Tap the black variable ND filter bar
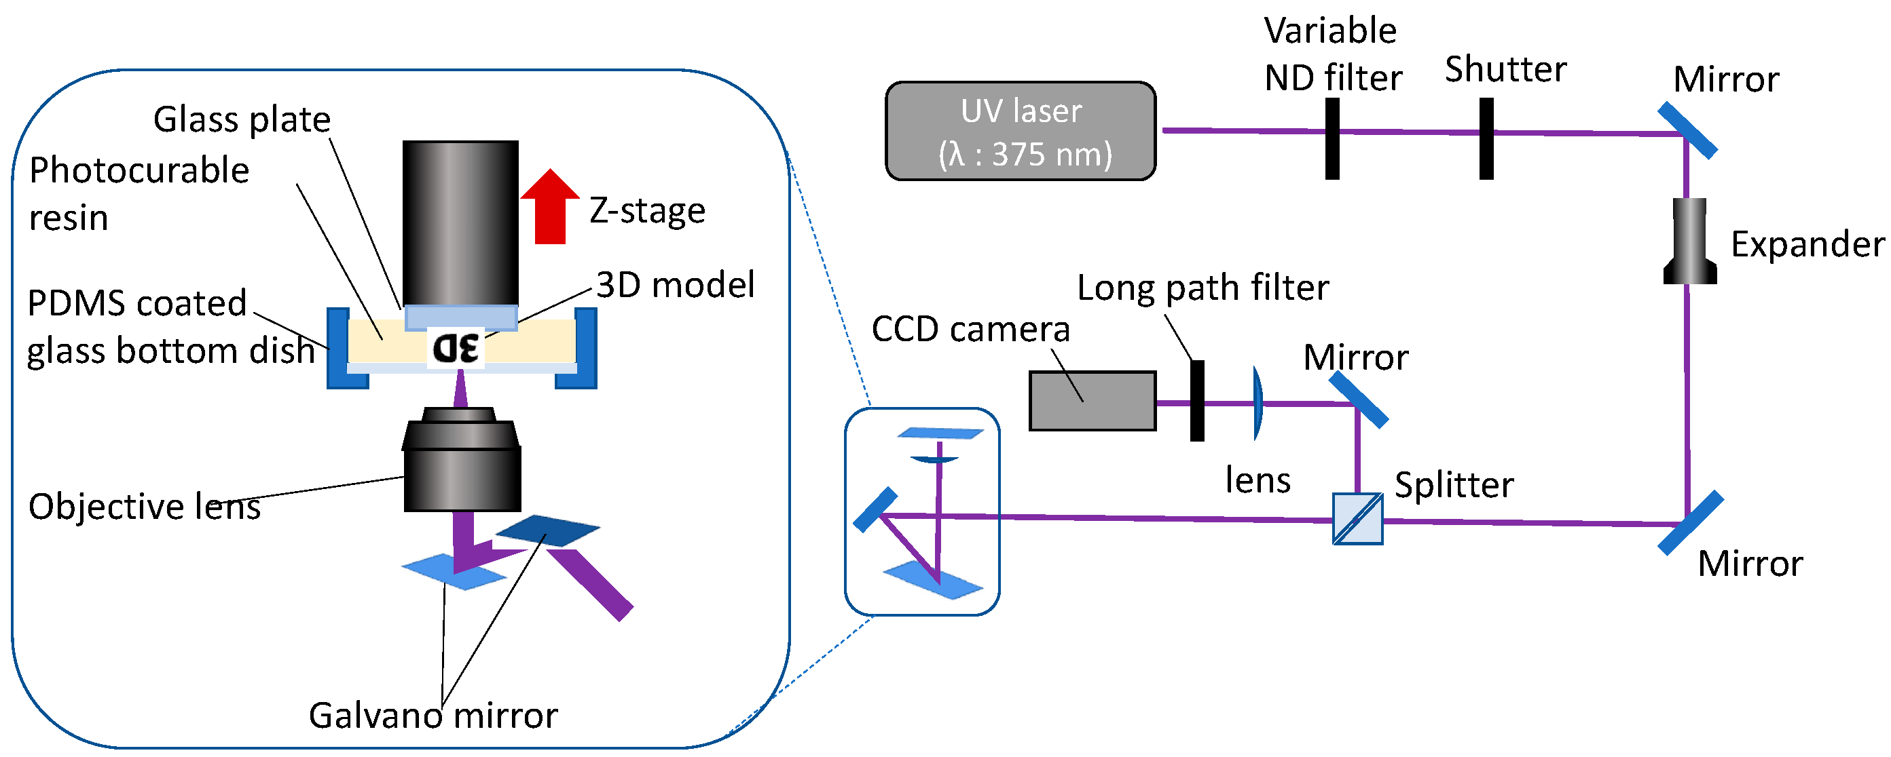point(1332,138)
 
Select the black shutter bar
point(1486,138)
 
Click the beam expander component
point(1689,241)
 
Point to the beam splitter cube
point(1357,520)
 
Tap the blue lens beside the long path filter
point(1257,403)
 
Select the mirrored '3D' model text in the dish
point(456,348)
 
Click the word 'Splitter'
point(1454,485)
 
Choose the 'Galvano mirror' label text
point(433,715)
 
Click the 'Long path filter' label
point(1202,288)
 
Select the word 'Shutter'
point(1505,70)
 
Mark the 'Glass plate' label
point(242,119)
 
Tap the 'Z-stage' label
point(646,210)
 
